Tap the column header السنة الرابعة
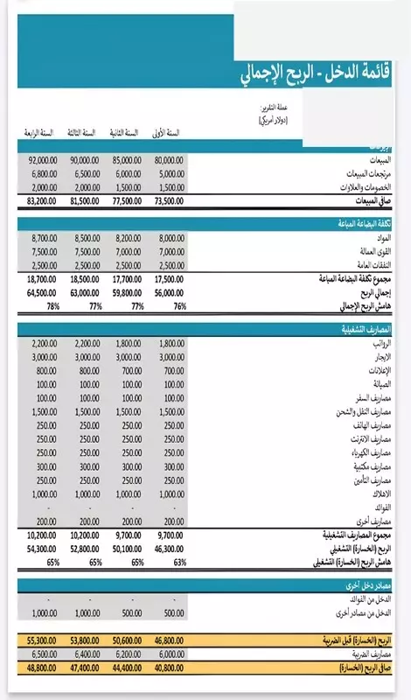coord(38,132)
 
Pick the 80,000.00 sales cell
coord(165,160)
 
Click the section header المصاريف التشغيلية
coord(373,329)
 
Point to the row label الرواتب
coord(393,344)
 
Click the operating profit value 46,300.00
coord(165,548)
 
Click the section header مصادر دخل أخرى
coord(377,584)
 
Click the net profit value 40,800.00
coord(165,668)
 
